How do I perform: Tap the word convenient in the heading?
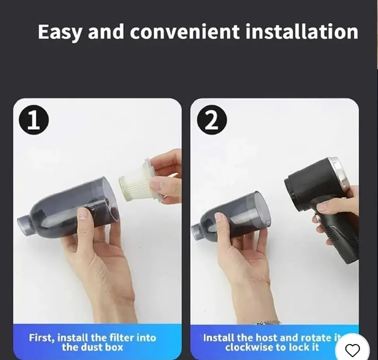coord(185,32)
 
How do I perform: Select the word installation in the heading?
coord(302,32)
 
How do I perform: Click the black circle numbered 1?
coord(34,120)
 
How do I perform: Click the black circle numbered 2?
coord(212,120)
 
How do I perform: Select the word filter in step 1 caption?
coord(122,338)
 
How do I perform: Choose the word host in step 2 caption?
coord(266,338)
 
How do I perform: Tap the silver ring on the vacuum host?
coord(341,173)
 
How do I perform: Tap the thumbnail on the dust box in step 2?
coord(219,217)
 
